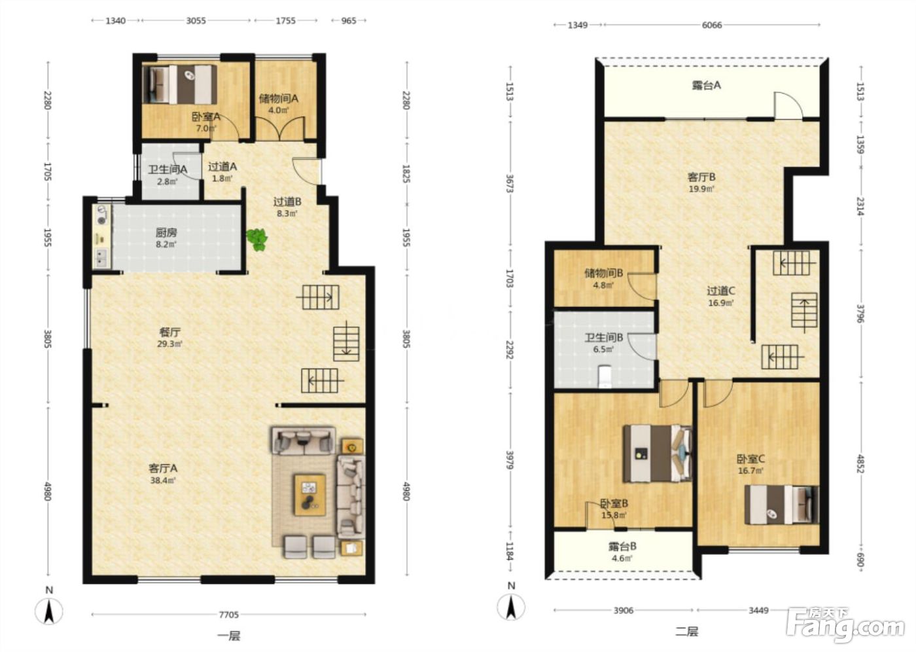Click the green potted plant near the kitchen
(x=256, y=240)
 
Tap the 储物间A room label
(x=279, y=99)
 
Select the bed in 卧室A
(x=180, y=84)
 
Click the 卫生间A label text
(x=167, y=170)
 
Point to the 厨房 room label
(x=166, y=233)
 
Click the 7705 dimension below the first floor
(x=228, y=615)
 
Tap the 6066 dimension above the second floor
(x=712, y=25)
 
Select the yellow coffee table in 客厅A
(x=310, y=495)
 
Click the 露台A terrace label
(x=706, y=86)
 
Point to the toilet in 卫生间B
(x=604, y=376)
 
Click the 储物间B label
(x=603, y=273)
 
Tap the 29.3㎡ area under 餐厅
(x=169, y=344)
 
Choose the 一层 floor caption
(x=228, y=636)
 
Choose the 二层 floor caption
(x=686, y=632)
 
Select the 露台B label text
(x=622, y=546)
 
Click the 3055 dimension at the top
(x=196, y=20)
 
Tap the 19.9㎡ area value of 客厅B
(x=701, y=189)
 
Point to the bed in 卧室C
(x=781, y=505)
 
